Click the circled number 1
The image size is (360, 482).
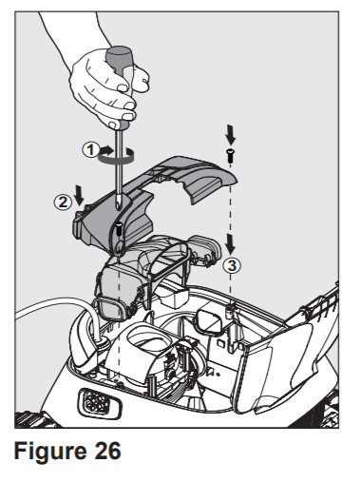point(88,148)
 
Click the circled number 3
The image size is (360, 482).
point(231,265)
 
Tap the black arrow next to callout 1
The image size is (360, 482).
point(105,149)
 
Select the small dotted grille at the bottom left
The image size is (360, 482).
point(95,401)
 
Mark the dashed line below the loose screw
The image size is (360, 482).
point(232,209)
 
